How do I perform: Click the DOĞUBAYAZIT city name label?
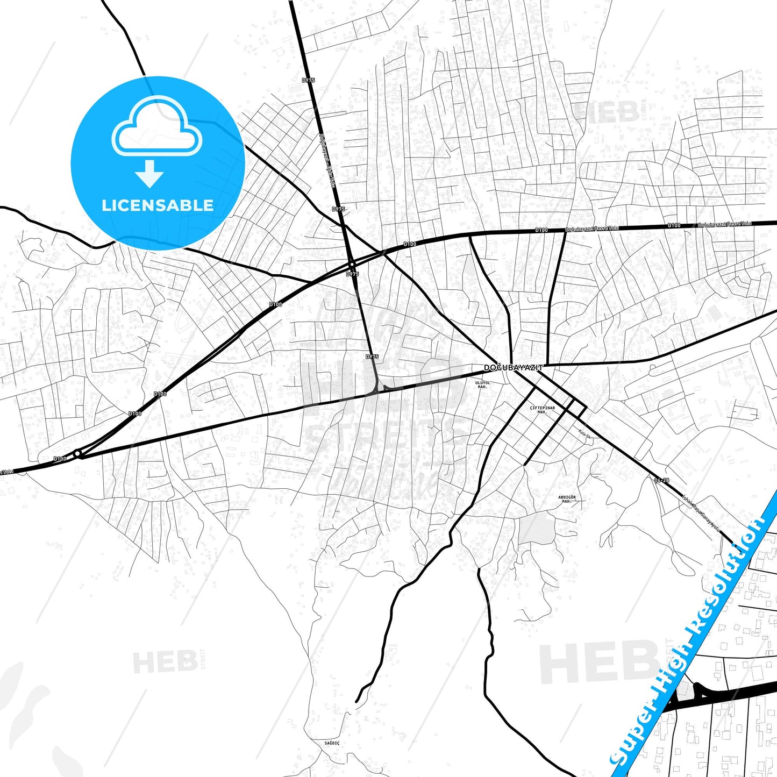click(x=514, y=368)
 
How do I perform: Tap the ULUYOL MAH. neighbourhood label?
click(x=483, y=384)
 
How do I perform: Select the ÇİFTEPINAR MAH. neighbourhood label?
click(x=542, y=410)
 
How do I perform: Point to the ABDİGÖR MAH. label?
click(x=567, y=500)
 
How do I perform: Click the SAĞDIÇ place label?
click(x=332, y=743)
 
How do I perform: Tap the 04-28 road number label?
click(x=662, y=480)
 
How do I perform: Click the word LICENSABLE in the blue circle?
click(x=158, y=205)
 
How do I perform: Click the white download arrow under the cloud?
click(x=149, y=173)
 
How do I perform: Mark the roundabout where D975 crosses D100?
click(x=352, y=265)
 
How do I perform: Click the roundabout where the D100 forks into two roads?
click(x=78, y=454)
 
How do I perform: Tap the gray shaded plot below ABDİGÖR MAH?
click(x=536, y=529)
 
